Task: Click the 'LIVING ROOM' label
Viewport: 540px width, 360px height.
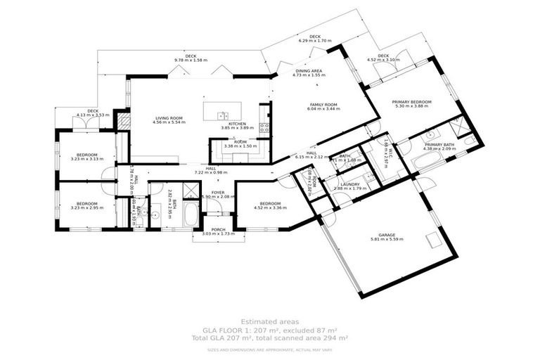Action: tap(167, 118)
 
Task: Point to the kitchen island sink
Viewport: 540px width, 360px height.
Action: tap(221, 115)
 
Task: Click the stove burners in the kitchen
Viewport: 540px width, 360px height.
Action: tap(264, 128)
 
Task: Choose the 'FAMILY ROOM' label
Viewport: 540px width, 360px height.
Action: tap(324, 105)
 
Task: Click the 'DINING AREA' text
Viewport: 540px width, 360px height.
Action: tap(309, 71)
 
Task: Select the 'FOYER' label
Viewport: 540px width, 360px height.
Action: tap(218, 192)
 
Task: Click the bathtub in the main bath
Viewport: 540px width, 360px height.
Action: tap(191, 214)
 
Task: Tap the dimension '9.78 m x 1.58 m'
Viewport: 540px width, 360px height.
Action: tap(191, 60)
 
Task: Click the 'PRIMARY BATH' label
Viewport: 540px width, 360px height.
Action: tap(440, 144)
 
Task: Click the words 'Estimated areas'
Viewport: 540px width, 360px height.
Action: tap(269, 321)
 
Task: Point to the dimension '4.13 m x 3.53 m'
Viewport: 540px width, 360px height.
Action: tap(93, 115)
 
